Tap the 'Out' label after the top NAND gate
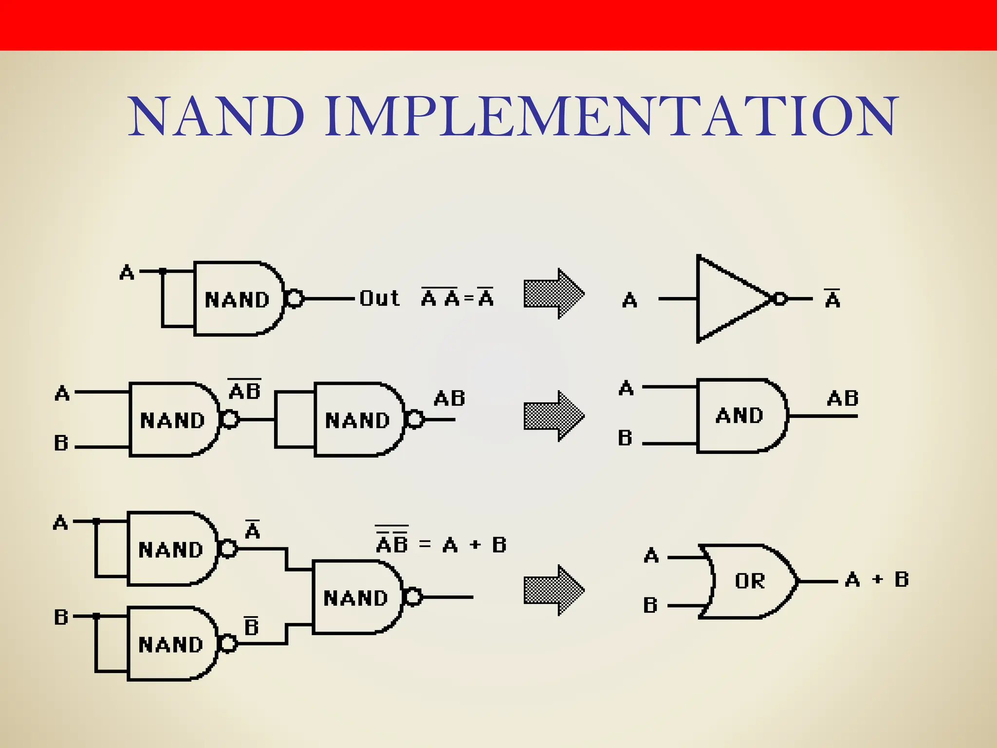pos(379,298)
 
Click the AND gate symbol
pos(740,416)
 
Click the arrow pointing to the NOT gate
pos(554,294)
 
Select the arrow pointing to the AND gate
pos(554,416)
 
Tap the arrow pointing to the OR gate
pos(554,590)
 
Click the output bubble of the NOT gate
pos(780,299)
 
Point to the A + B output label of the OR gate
pos(877,580)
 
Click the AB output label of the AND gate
pos(843,398)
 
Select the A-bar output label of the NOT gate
pos(832,298)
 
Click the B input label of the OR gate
pos(650,605)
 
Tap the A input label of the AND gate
pos(626,388)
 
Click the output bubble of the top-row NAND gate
pos(295,298)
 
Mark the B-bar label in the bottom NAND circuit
pos(251,626)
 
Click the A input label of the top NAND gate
pos(127,272)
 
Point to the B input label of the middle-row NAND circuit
pos(61,443)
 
